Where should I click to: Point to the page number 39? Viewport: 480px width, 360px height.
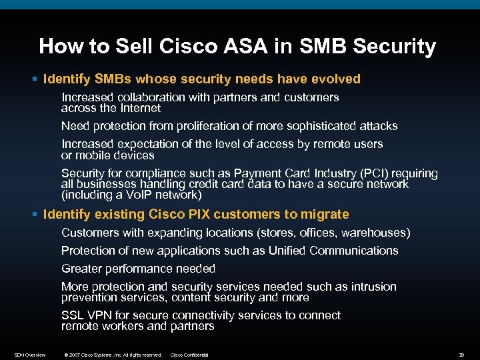click(462, 355)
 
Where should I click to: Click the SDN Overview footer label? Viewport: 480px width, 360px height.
click(30, 355)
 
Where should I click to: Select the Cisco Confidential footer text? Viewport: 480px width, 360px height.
click(190, 355)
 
